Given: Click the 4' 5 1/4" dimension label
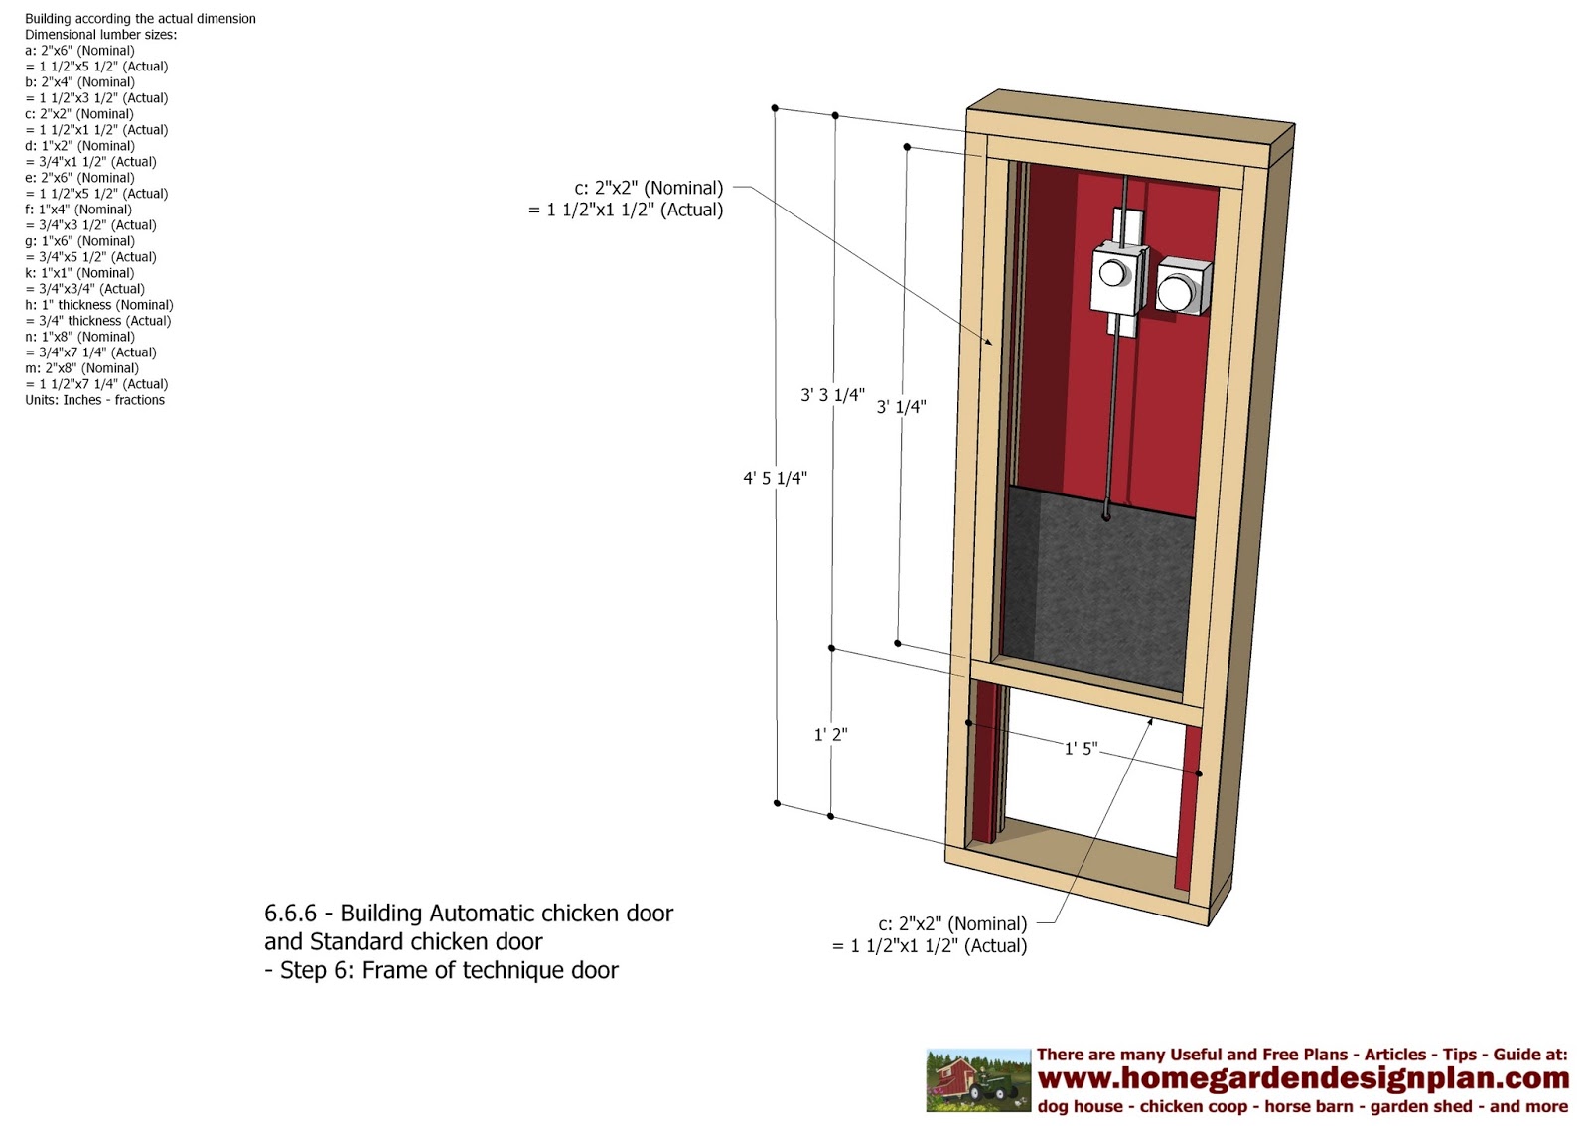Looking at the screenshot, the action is (x=775, y=479).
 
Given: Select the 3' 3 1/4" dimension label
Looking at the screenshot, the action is (x=832, y=395).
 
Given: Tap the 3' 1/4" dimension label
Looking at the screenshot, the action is (x=901, y=407).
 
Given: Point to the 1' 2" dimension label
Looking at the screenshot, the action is (x=830, y=735).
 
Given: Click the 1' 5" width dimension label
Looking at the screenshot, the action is (x=1081, y=749).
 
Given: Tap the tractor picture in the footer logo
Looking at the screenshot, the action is (x=978, y=1080).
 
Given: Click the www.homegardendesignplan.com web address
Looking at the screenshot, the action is (x=1303, y=1078).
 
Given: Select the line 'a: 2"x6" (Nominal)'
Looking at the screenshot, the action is (x=79, y=51).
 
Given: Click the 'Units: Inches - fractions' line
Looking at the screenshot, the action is (x=94, y=400).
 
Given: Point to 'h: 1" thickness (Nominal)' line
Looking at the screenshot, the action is (x=98, y=305).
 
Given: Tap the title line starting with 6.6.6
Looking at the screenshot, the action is (x=468, y=914).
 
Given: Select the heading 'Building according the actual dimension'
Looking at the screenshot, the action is (x=140, y=19).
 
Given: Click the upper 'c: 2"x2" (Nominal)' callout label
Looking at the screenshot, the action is (x=649, y=188).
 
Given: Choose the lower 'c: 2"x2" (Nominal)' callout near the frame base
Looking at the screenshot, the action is (x=952, y=924).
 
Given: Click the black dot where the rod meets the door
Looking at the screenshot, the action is (x=1106, y=517).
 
